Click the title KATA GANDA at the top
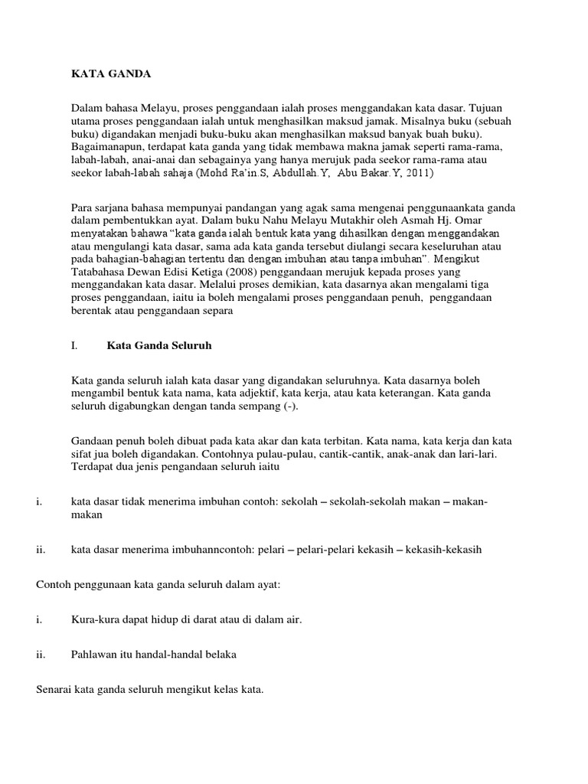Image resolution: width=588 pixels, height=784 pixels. click(111, 74)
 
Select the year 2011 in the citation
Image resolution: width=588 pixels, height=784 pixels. click(415, 174)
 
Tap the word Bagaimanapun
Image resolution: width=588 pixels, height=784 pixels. click(109, 146)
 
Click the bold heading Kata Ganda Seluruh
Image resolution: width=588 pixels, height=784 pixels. click(158, 345)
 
